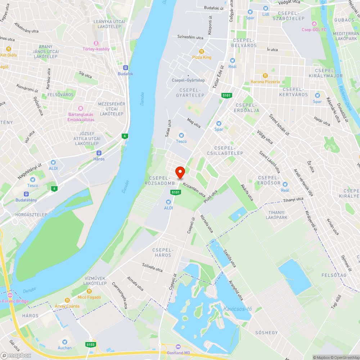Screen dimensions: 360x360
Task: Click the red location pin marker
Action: pos(180,172)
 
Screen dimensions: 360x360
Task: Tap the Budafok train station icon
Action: pos(126,67)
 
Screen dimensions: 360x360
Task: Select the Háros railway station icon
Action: pos(99,153)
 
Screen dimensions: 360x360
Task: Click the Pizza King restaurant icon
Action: pos(202,51)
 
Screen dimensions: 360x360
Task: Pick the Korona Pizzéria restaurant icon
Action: pos(265,76)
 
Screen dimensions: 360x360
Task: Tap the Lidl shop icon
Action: pos(266,8)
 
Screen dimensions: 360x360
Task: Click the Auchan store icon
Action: pos(65,342)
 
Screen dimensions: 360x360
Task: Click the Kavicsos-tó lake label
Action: pos(237,309)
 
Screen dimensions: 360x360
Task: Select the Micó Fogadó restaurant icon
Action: pos(89,291)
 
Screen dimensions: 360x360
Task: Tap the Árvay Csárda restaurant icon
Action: pos(67,300)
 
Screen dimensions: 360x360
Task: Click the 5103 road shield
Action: pos(91,345)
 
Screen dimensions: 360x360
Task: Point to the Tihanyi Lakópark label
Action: pos(276,215)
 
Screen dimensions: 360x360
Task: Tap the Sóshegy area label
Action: pos(266,332)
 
